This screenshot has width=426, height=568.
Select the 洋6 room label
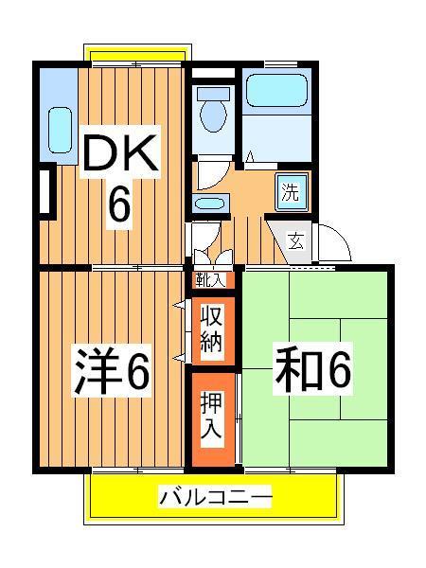pos(111,372)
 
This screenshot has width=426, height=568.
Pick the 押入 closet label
pos(211,417)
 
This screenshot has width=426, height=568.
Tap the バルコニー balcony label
pos(215,496)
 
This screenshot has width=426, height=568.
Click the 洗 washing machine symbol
pos(291,193)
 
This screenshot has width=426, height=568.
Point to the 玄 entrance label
pos(295,240)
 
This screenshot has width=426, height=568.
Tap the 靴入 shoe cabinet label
pos(211,280)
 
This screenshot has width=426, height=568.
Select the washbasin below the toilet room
pos(207,203)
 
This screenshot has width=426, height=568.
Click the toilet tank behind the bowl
pos(213,96)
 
